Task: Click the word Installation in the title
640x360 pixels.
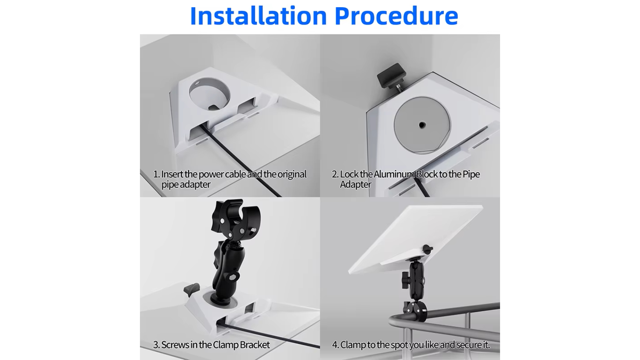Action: [x=258, y=16]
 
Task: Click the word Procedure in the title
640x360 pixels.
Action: [x=396, y=16]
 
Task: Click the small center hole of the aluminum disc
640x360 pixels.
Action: [x=422, y=125]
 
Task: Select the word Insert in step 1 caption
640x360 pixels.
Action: [x=172, y=174]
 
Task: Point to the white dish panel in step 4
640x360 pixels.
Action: [x=416, y=238]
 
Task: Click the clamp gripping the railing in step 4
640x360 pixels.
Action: [x=415, y=310]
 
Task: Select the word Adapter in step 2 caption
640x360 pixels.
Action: [x=355, y=185]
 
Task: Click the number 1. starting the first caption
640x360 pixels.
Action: [x=156, y=174]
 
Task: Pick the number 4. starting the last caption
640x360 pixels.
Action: [x=335, y=345]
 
